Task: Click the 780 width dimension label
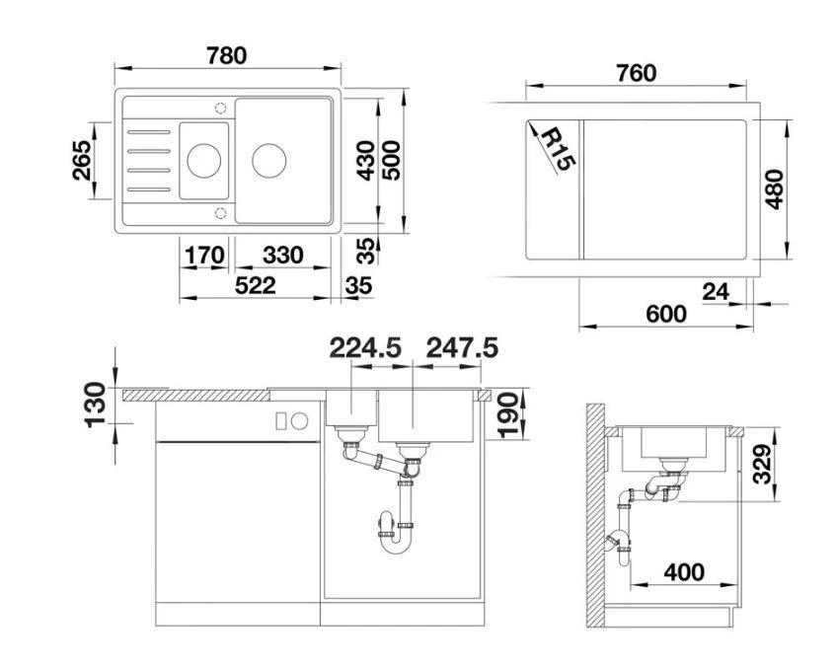point(226,56)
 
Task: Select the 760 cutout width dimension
point(636,73)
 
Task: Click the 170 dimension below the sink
point(204,256)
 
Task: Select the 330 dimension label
point(282,256)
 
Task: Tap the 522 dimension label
point(255,286)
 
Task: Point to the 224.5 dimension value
point(365,347)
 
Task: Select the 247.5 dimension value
point(461,347)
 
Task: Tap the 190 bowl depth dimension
point(508,415)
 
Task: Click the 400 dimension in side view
point(684,572)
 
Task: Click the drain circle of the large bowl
point(268,158)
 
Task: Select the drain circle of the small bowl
point(204,158)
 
